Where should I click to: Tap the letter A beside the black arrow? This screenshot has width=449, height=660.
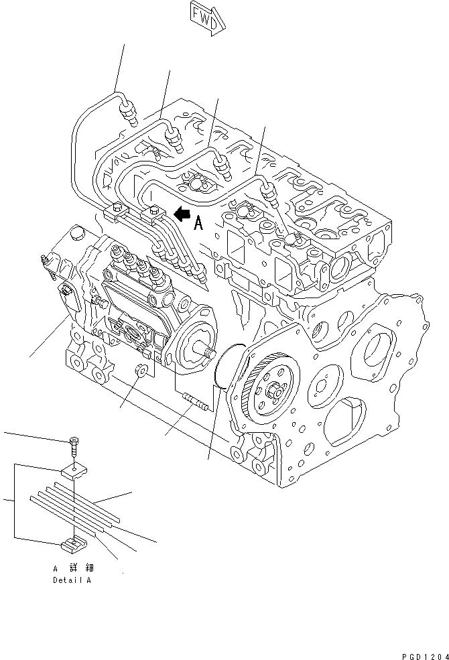click(198, 224)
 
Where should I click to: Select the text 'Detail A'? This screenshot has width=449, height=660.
click(72, 580)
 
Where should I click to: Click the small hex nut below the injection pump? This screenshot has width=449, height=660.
click(141, 371)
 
